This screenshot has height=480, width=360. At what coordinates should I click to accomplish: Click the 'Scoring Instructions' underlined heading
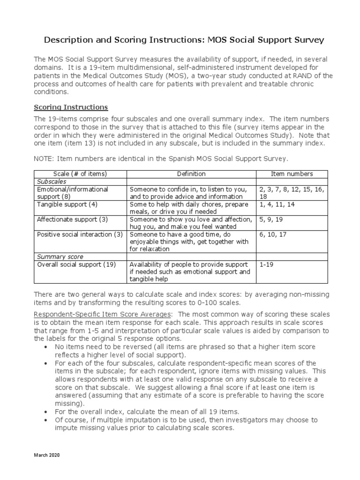71,107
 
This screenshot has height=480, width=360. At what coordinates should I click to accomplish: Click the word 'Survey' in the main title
307,40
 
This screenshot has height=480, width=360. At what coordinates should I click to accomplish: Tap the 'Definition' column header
191,174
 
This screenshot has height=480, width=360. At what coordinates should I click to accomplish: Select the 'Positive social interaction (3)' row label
80,234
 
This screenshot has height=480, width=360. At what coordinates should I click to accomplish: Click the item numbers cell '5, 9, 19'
271,219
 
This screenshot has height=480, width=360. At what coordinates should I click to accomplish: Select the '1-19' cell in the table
266,264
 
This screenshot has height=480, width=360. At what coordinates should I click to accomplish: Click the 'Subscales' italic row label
52,181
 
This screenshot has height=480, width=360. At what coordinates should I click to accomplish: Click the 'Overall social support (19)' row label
76,264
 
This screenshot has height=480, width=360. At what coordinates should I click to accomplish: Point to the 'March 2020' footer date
46,455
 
